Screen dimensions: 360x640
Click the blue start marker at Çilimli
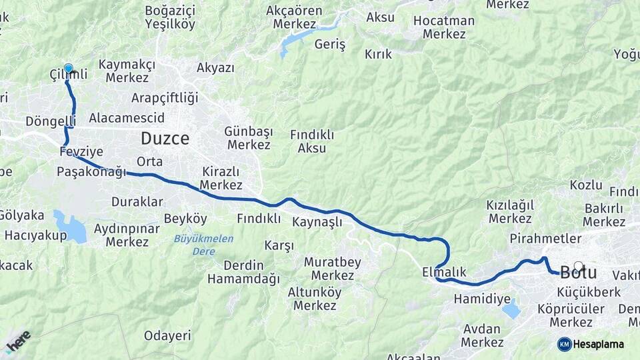click(68, 69)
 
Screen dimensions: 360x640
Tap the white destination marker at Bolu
click(578, 266)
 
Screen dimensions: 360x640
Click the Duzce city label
click(165, 139)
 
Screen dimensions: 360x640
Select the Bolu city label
click(579, 273)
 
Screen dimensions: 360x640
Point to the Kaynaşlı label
click(317, 221)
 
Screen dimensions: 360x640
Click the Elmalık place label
click(444, 272)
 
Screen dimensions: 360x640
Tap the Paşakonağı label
click(91, 172)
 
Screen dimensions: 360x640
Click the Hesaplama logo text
click(597, 344)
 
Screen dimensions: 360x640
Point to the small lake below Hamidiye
click(511, 309)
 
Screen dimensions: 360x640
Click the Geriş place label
click(329, 44)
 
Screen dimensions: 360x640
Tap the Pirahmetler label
click(545, 238)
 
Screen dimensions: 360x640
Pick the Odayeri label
click(167, 335)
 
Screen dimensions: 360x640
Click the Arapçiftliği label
click(165, 98)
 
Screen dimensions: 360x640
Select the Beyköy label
click(185, 219)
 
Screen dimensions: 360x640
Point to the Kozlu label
click(586, 185)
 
